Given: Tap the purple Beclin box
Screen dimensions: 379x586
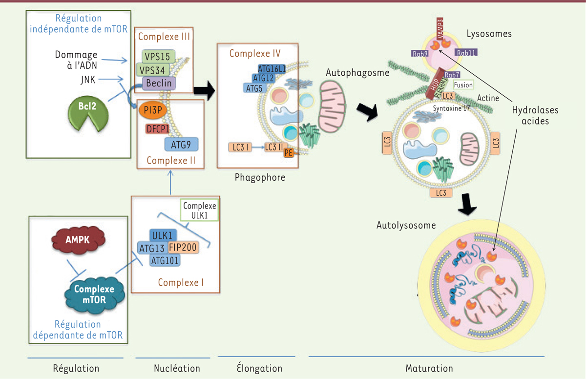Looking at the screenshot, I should tap(159, 84).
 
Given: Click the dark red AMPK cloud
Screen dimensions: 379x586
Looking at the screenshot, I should tap(77, 239).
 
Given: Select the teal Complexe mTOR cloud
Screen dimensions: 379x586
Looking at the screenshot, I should tap(95, 294).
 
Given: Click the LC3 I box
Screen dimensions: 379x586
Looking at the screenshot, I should tap(239, 147).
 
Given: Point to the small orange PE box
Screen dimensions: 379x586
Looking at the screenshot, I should tap(289, 153).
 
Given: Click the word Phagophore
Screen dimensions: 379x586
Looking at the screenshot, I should tap(259, 178).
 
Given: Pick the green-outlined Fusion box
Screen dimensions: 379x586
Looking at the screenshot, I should tap(463, 85).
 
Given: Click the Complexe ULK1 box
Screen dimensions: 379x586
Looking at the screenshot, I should tap(199, 210).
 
